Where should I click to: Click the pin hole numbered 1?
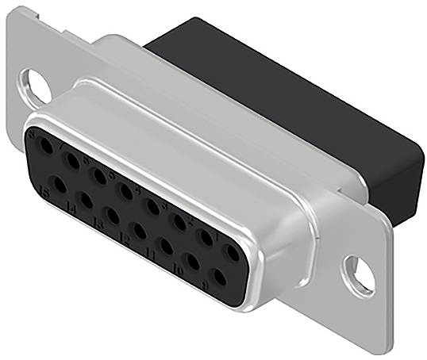pos(232,253)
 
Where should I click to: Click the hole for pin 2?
pos(206,237)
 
